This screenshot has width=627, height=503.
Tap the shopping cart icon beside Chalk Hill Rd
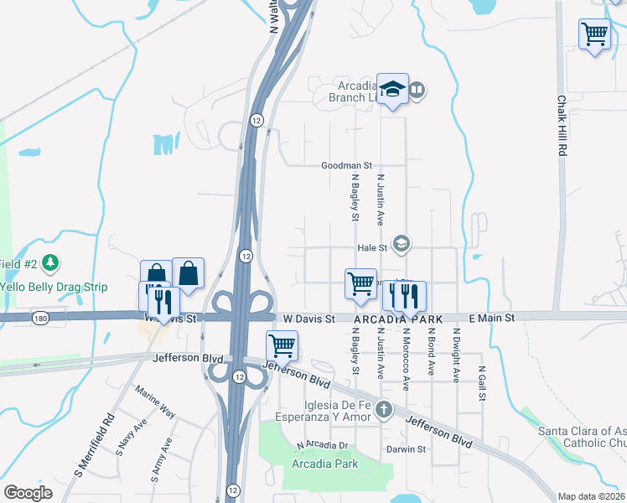coord(594,35)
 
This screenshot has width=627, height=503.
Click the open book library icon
coord(417,89)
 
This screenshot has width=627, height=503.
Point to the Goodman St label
coord(346,166)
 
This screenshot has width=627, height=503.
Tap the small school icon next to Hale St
coord(402,244)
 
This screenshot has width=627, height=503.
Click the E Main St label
coord(490,318)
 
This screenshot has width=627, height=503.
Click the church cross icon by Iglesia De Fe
coord(384,410)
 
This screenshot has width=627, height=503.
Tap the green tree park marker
coord(52,263)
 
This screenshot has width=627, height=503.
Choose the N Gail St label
coord(482,384)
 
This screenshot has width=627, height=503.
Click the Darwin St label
coord(407,449)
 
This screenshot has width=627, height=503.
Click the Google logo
coord(28,492)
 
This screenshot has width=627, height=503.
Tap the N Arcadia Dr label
coord(322,445)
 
